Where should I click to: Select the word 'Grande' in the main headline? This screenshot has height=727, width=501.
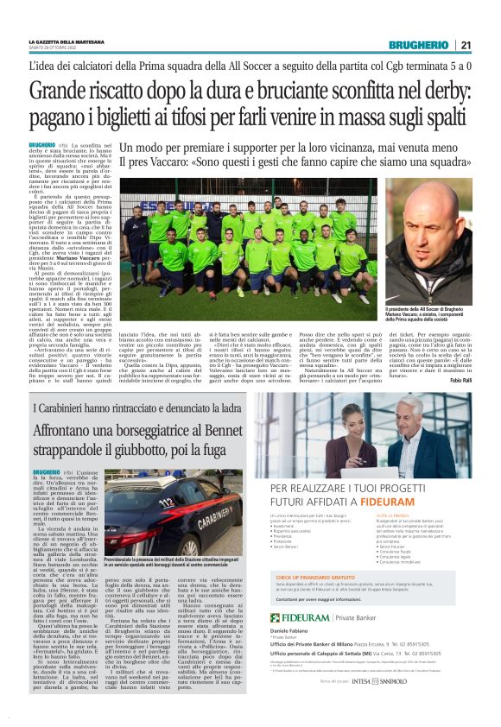pyautogui.click(x=59, y=91)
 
